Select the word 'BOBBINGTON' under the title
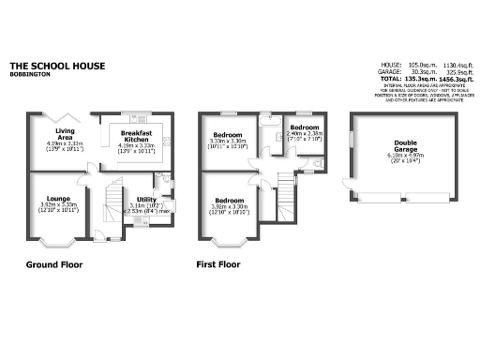click(x=30, y=74)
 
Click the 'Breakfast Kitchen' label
click(x=136, y=133)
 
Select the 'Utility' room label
click(x=145, y=199)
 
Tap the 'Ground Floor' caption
click(x=53, y=265)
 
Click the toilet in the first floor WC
click(x=319, y=165)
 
